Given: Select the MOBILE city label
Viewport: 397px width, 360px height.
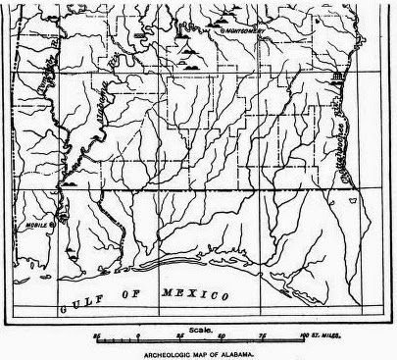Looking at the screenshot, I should [x=37, y=224].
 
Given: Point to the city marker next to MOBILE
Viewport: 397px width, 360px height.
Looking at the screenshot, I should [x=51, y=224].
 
